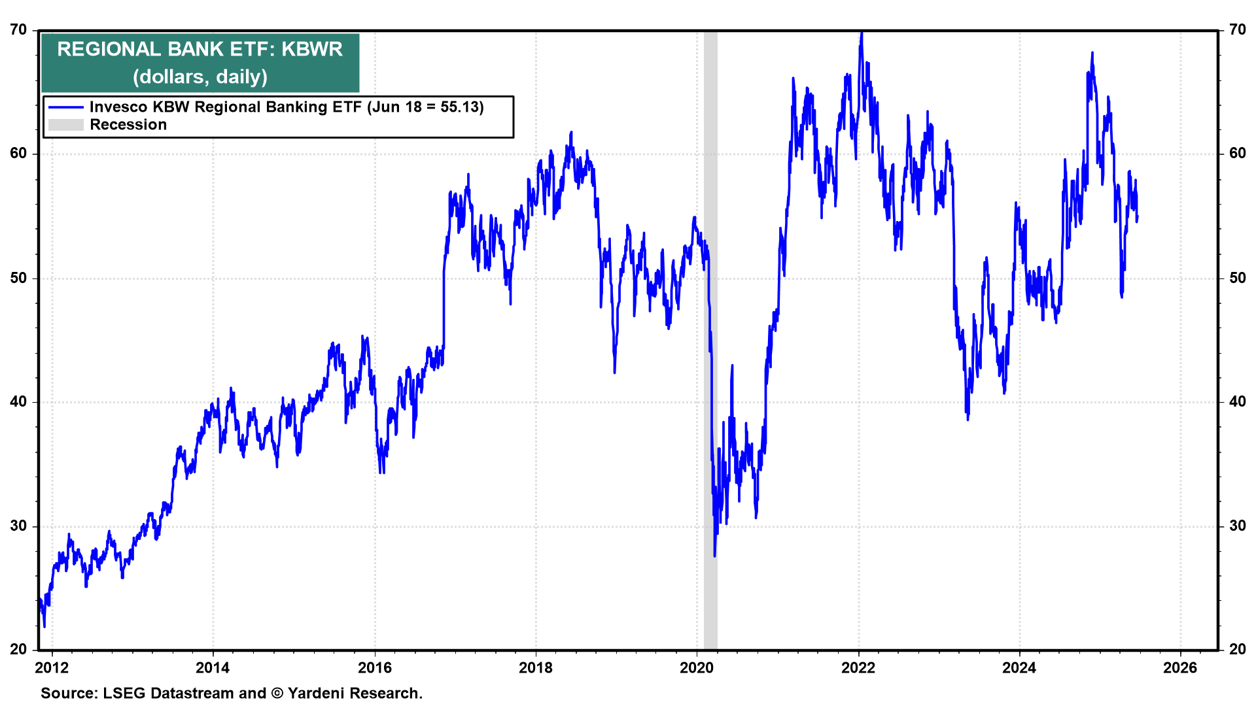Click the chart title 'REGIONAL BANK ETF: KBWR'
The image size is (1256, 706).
[x=200, y=50]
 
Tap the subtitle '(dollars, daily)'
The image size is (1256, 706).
[x=200, y=77]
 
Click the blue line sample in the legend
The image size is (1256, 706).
[x=66, y=107]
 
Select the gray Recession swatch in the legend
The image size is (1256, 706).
[x=66, y=125]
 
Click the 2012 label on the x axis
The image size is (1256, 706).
[x=52, y=667]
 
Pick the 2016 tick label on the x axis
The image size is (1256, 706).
[x=375, y=667]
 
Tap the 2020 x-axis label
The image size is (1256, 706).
[x=697, y=667]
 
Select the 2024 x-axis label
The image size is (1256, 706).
[x=1019, y=667]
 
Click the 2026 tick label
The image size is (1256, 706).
[x=1180, y=667]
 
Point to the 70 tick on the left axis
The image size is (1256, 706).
[x=19, y=30]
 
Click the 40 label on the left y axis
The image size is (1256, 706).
[x=19, y=402]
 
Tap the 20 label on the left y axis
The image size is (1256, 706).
[x=19, y=649]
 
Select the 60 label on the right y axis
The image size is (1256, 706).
[x=1237, y=154]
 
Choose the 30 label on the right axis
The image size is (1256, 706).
[x=1237, y=526]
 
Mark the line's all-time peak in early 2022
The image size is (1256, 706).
[x=862, y=33]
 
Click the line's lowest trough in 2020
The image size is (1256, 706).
[x=714, y=556]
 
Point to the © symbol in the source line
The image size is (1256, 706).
[x=277, y=694]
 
